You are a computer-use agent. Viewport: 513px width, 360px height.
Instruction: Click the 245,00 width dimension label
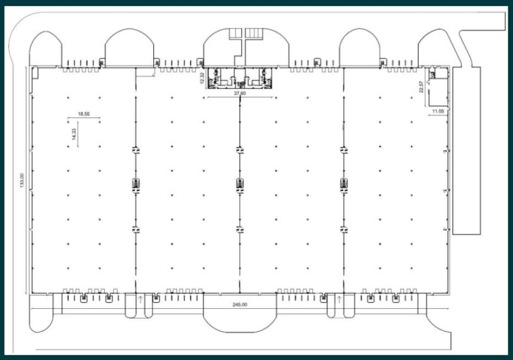pos(240,305)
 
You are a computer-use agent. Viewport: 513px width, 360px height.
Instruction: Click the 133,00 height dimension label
pos(22,181)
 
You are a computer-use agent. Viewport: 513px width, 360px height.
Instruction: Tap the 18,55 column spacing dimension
pos(84,114)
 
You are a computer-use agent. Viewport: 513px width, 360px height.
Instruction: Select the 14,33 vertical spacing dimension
pos(75,134)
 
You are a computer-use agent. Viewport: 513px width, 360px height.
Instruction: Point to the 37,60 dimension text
pos(240,93)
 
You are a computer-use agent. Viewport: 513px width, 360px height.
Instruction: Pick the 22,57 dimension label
pos(421,87)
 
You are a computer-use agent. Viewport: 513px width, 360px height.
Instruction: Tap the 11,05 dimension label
pos(438,111)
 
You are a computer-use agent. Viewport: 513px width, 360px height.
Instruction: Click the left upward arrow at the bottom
pos(140,299)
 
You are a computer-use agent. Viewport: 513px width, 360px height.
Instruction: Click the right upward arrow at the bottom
pos(339,299)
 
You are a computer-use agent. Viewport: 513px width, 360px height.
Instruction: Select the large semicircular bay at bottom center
pos(240,332)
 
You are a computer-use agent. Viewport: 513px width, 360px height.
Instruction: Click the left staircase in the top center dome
pos(235,33)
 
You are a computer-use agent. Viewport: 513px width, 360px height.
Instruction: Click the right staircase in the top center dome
pos(254,33)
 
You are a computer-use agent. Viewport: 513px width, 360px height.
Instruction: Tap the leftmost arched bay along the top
pos(45,32)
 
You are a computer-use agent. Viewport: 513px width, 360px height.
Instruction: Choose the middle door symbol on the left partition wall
pos(136,185)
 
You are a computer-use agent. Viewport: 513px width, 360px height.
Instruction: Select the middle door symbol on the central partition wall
pos(240,185)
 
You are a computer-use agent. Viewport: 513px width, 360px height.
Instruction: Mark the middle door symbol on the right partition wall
pos(344,185)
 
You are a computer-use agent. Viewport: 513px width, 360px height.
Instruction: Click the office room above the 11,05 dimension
pos(438,92)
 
